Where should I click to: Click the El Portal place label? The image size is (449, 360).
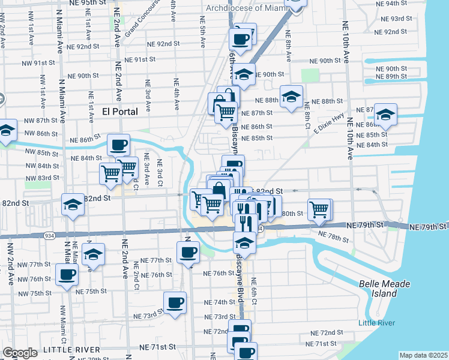pos(120,111)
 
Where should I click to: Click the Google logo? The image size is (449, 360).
pos(20,352)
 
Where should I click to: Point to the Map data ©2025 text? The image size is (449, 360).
pos(423,355)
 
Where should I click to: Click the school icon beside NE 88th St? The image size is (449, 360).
pos(291,97)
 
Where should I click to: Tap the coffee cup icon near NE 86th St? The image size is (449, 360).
pos(118,145)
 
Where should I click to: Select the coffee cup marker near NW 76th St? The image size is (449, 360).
pos(67,275)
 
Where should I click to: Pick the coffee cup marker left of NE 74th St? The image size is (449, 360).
pos(175,302)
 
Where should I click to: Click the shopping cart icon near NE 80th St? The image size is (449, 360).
pos(319,209)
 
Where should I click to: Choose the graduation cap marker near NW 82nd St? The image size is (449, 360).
pos(73,205)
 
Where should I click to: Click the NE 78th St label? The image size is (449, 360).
pos(333,237)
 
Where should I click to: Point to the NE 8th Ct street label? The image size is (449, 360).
pos(307,112)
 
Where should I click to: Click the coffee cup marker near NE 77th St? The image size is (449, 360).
pos(188,252)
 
